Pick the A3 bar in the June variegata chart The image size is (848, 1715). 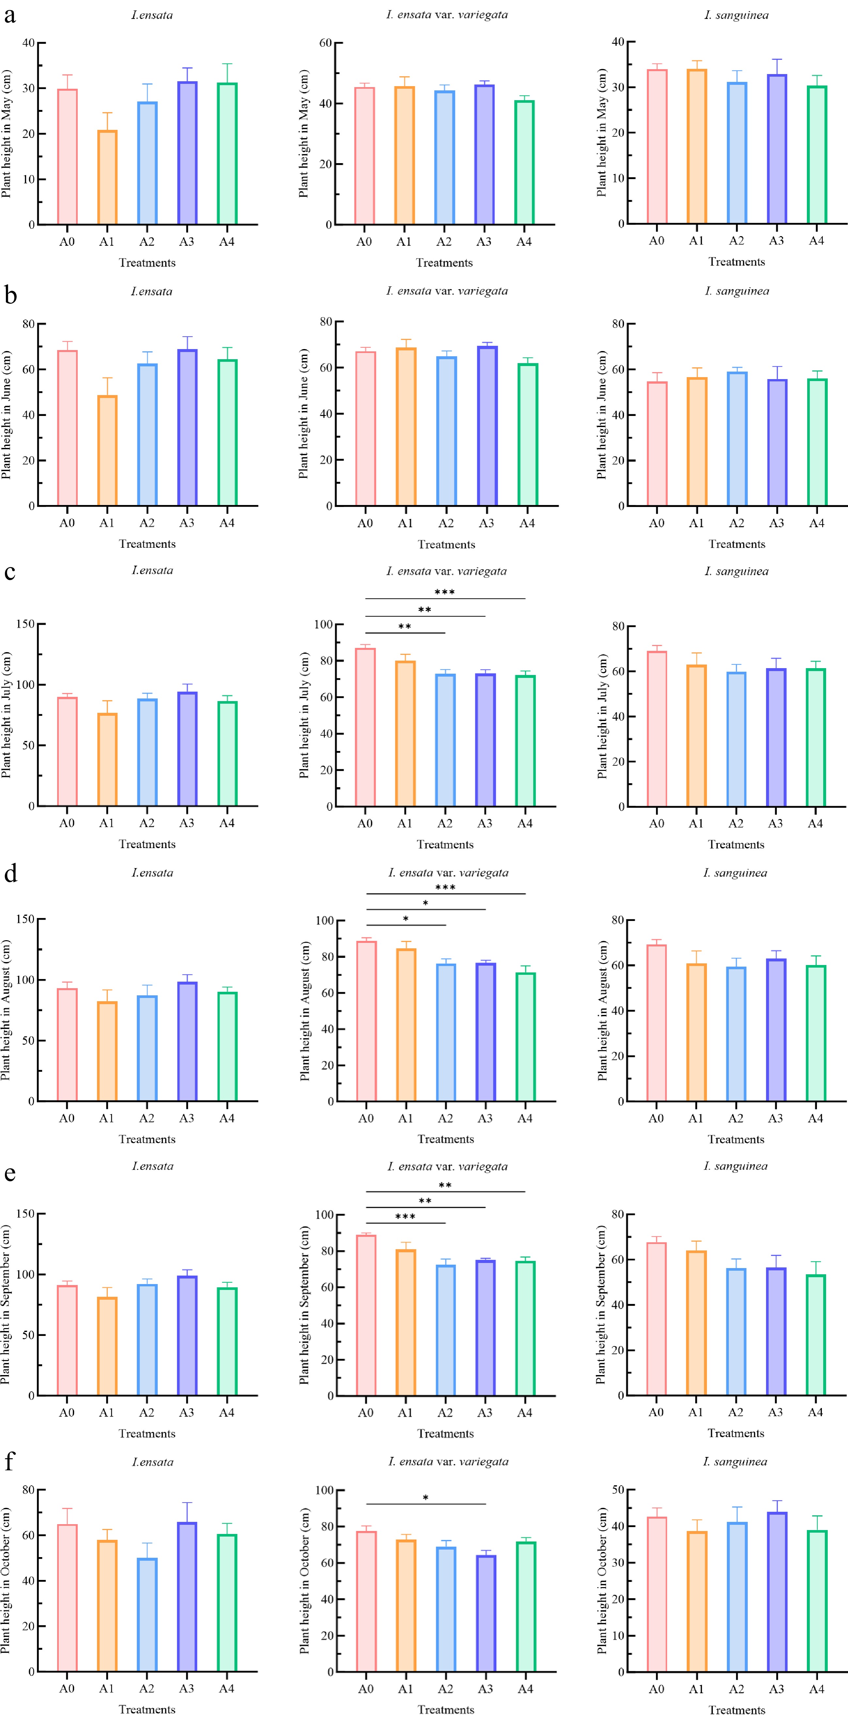tap(486, 426)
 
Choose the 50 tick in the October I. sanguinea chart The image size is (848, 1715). tap(618, 1489)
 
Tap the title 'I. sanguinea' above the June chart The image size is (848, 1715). tap(737, 291)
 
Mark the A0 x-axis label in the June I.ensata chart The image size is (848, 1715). tap(67, 523)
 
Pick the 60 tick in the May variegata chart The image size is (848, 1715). tap(325, 43)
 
